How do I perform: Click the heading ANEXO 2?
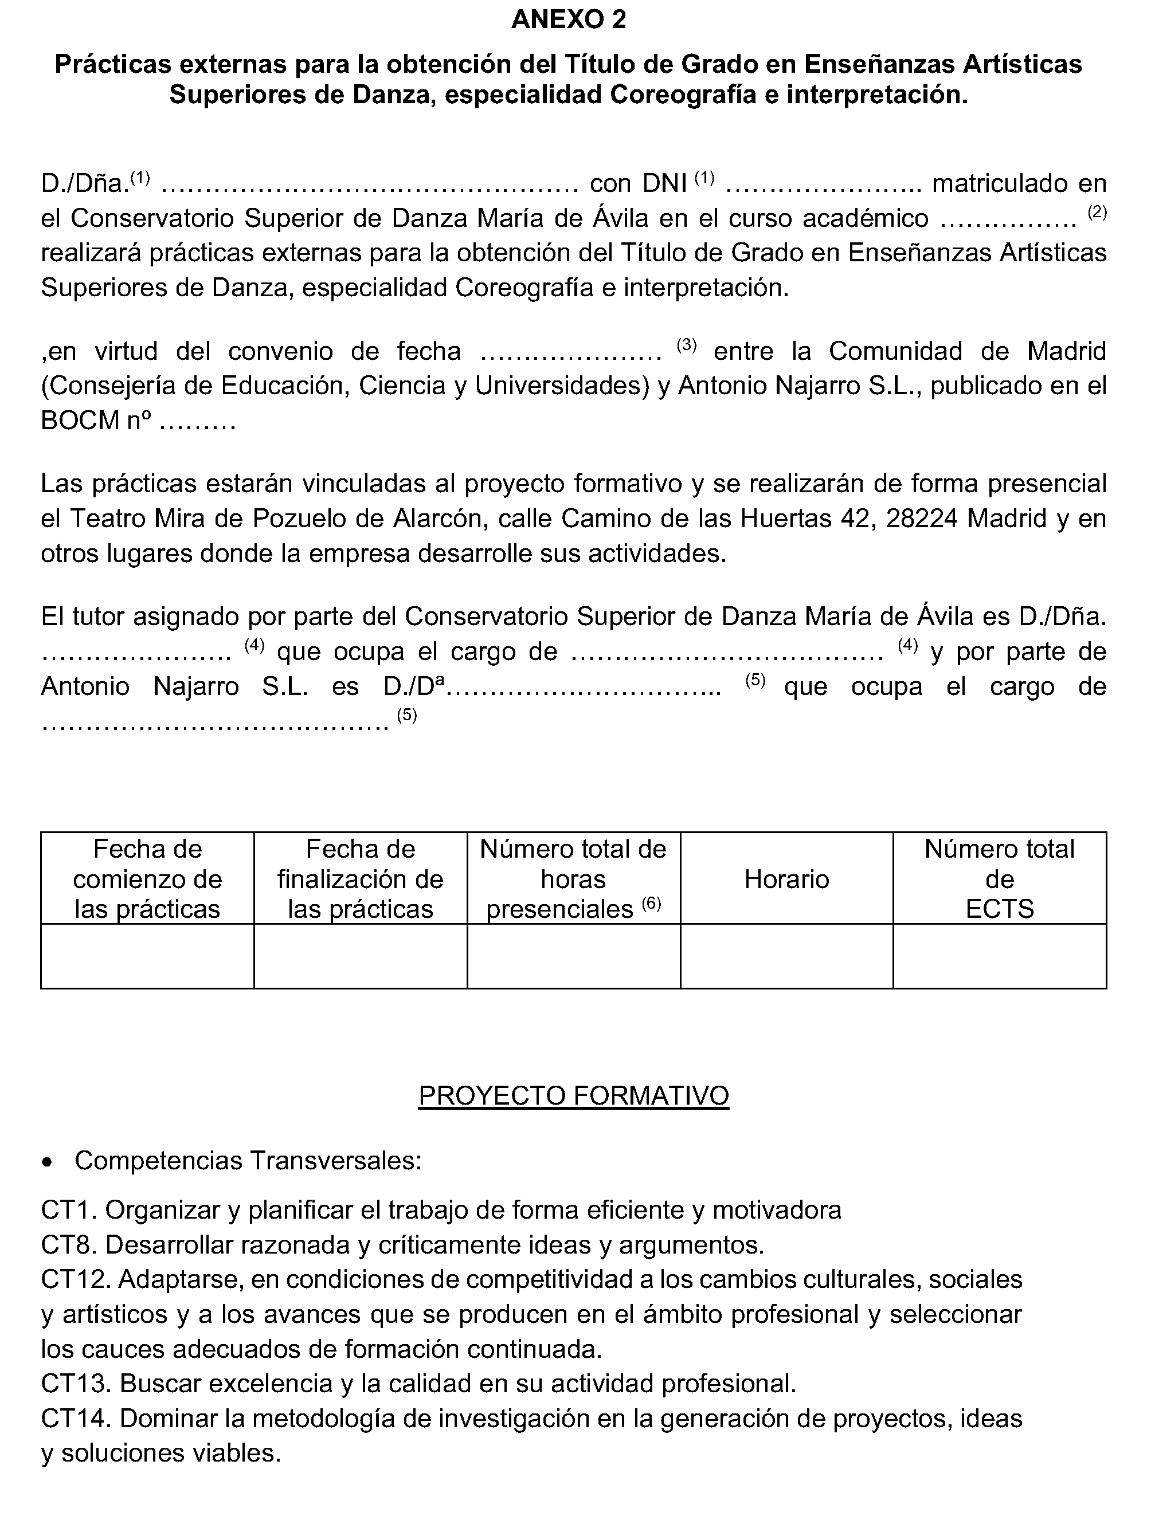[x=569, y=20]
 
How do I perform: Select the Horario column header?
[x=786, y=879]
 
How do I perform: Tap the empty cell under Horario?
[x=786, y=956]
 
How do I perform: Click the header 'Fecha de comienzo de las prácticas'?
[x=147, y=879]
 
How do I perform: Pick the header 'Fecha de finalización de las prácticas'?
[x=361, y=879]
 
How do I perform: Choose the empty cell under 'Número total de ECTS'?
[x=999, y=956]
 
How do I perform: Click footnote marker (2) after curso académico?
[x=1097, y=213]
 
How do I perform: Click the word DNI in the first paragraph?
[x=664, y=183]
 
